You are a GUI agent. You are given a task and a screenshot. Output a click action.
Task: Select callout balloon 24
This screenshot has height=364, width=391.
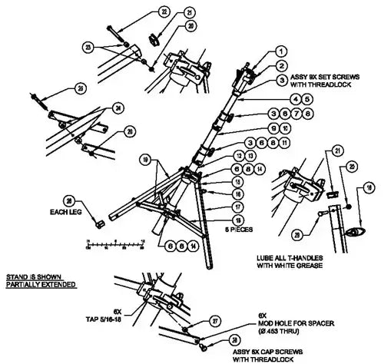118,109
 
